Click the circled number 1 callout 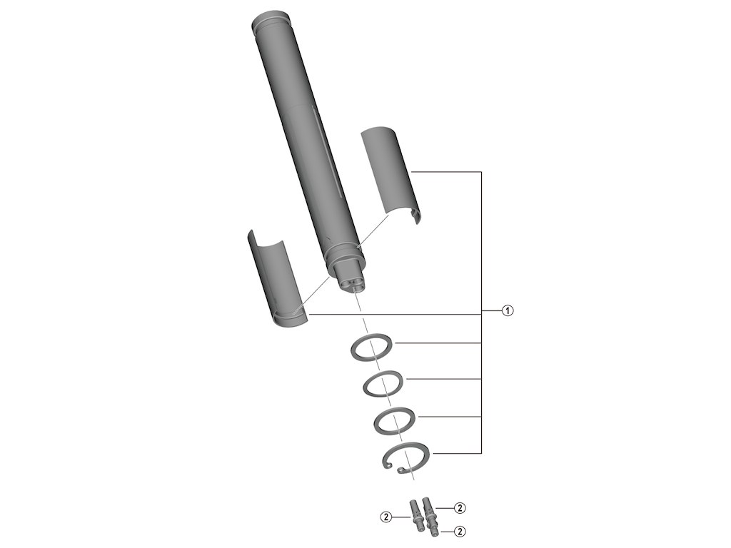[507, 310]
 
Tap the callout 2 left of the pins [386, 516]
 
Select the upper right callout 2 [460, 508]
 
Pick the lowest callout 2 [460, 532]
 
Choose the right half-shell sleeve [389, 171]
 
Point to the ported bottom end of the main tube [351, 282]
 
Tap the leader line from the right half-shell [446, 172]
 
